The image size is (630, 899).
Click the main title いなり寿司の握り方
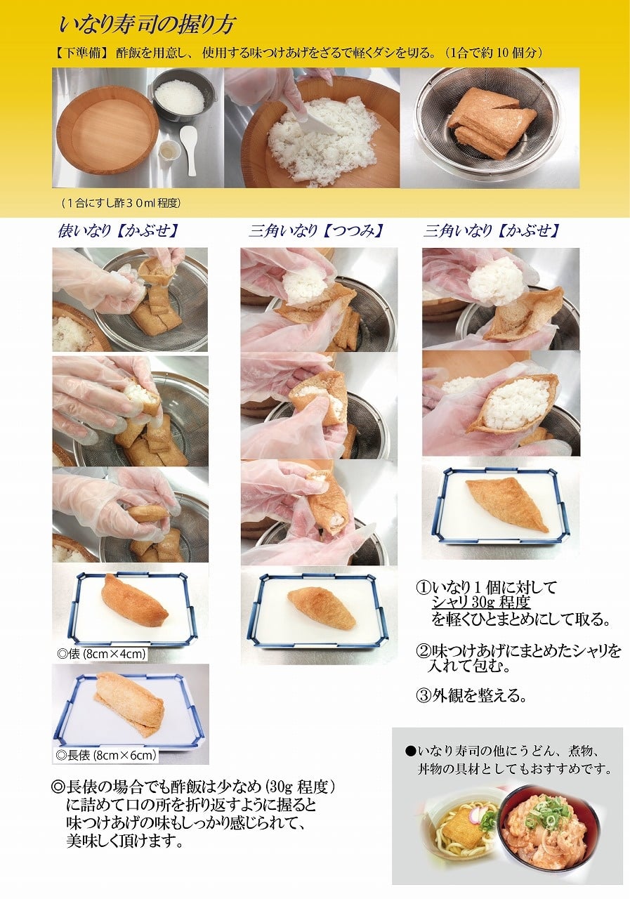(147, 25)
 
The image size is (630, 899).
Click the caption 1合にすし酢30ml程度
(122, 203)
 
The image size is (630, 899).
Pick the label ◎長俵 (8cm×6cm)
(106, 755)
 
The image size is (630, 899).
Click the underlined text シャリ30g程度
(480, 602)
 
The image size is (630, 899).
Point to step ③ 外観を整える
(471, 695)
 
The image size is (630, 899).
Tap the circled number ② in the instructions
(424, 651)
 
